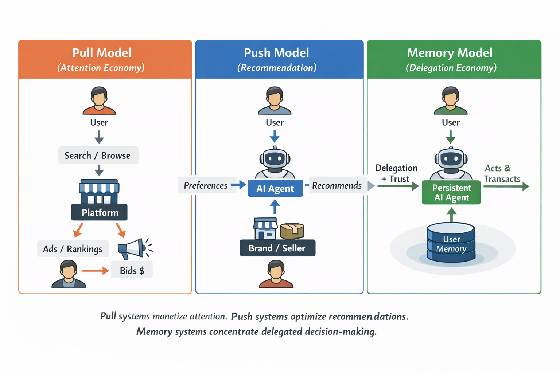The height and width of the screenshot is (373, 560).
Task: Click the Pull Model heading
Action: point(102,53)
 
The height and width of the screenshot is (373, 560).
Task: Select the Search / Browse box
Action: point(98,156)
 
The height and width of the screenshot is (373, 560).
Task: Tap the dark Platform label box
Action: point(99,212)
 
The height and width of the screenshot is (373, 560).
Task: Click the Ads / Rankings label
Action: point(73,249)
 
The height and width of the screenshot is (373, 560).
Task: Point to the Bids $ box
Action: point(132,270)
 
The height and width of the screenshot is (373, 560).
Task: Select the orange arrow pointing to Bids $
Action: point(95,270)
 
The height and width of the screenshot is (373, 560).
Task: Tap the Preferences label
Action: point(206,185)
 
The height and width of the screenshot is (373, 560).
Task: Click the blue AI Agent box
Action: point(275,188)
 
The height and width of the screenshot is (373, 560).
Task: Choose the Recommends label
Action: point(337,185)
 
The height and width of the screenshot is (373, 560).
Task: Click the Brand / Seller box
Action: point(277,248)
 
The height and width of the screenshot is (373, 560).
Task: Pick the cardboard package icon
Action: point(292,231)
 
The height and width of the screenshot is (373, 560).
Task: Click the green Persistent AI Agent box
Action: point(451,193)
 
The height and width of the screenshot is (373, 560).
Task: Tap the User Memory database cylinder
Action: point(451,243)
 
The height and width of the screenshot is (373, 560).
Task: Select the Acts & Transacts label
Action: point(502,173)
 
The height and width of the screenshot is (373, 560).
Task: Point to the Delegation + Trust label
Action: point(396,173)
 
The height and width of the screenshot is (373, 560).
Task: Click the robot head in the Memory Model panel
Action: point(451,159)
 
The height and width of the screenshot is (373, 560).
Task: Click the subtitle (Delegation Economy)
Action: point(451,68)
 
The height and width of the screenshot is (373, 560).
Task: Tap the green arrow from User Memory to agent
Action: point(451,215)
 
